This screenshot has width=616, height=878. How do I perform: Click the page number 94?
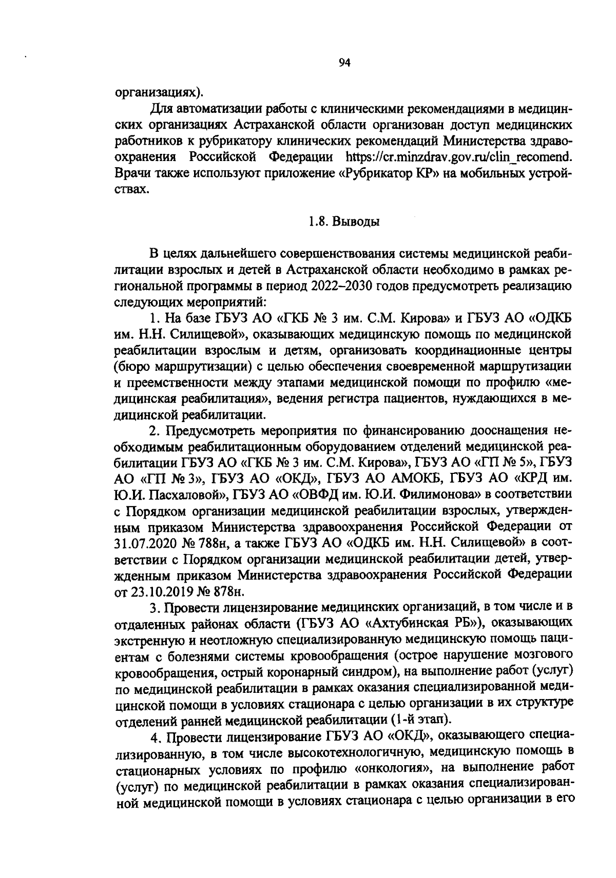click(344, 63)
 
